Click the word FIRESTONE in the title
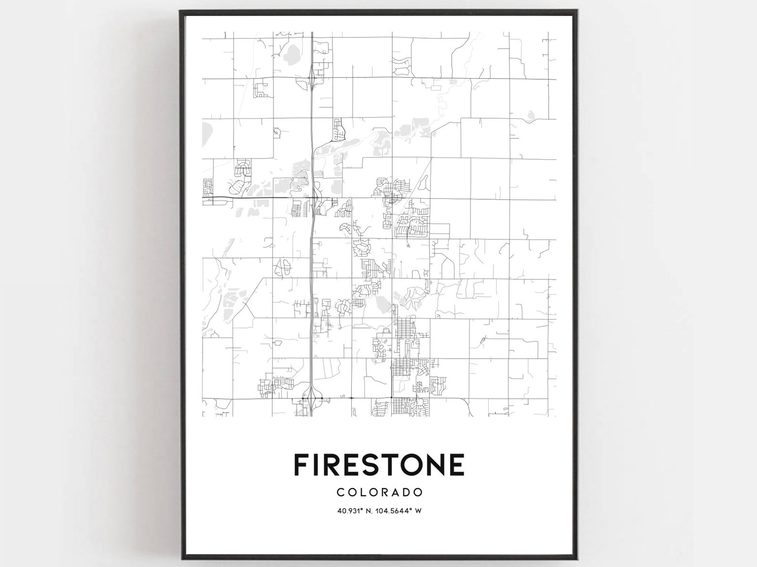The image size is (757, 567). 379,465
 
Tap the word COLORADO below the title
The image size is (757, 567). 379,492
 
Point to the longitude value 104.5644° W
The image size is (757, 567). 400,511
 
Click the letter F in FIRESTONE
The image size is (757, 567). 301,465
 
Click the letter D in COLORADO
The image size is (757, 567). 403,492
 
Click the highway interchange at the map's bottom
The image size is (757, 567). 312,397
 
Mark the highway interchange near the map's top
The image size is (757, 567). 312,76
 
